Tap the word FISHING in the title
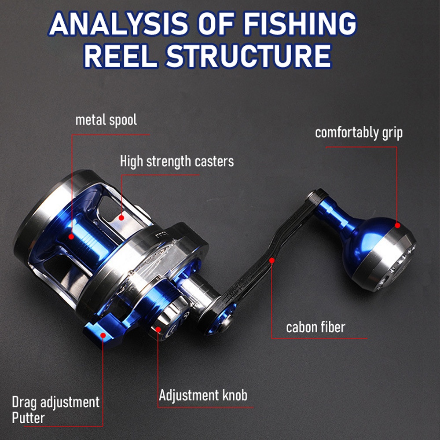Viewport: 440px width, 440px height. tap(300, 24)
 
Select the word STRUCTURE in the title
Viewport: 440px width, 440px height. tap(248, 56)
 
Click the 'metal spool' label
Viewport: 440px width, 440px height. tap(106, 120)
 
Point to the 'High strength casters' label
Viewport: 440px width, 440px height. tap(177, 161)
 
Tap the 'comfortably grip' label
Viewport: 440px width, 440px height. tap(359, 133)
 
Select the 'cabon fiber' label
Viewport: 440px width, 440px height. tap(315, 327)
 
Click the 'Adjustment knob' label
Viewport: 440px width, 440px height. tap(203, 396)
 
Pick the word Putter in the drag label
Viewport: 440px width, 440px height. tap(28, 418)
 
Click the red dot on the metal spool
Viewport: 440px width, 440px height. tap(71, 237)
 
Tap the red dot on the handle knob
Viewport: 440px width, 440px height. tap(397, 225)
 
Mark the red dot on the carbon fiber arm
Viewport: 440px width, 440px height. tap(271, 260)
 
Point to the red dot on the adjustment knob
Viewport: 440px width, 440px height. tap(158, 329)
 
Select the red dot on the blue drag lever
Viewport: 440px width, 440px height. tap(103, 335)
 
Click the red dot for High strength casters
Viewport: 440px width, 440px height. tap(121, 217)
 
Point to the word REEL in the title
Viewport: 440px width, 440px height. tap(121, 56)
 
